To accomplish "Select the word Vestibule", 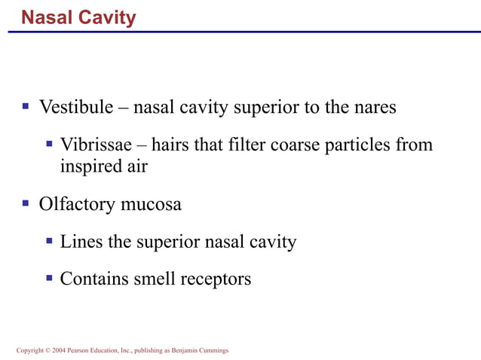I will [76, 107].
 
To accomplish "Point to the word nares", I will [374, 107].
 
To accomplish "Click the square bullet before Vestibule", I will [25, 106].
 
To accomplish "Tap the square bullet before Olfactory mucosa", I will [25, 203].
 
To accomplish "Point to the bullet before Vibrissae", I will [49, 143].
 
